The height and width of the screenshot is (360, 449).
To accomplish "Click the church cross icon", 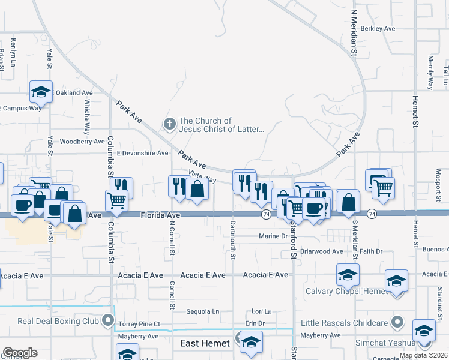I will [x=169, y=125].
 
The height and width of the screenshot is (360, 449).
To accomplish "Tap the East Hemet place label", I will [x=205, y=343].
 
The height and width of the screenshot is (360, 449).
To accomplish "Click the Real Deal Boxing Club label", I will [x=58, y=320].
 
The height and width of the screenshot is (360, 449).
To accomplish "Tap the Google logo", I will [x=20, y=353].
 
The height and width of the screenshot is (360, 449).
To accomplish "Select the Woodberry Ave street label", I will [x=83, y=142].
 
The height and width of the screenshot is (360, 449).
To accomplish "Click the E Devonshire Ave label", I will [x=142, y=153].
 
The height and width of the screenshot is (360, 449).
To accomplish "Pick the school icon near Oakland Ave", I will [x=41, y=92].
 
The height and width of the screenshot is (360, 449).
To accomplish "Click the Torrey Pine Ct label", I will [x=139, y=324].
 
